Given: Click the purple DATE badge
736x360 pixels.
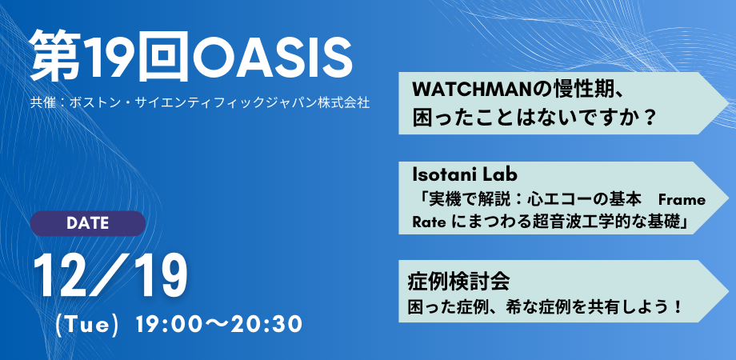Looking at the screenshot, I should coord(87,223).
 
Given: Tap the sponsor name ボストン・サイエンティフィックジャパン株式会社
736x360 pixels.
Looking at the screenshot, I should coord(215,104).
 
